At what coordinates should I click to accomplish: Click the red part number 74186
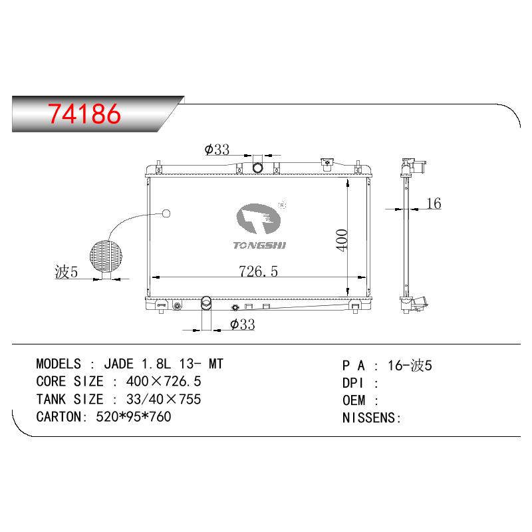84,113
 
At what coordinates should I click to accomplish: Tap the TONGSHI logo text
259,245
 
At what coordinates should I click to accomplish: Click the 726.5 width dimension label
258,271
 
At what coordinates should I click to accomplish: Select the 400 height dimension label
342,240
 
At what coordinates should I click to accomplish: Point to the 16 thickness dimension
434,203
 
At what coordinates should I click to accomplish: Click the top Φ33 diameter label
217,149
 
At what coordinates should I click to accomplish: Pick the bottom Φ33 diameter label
242,325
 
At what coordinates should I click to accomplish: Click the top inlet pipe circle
258,168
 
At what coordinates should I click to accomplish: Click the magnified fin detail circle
106,256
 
